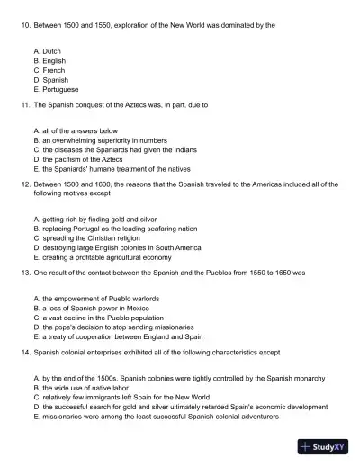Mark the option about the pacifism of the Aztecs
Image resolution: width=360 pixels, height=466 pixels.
point(82,159)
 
